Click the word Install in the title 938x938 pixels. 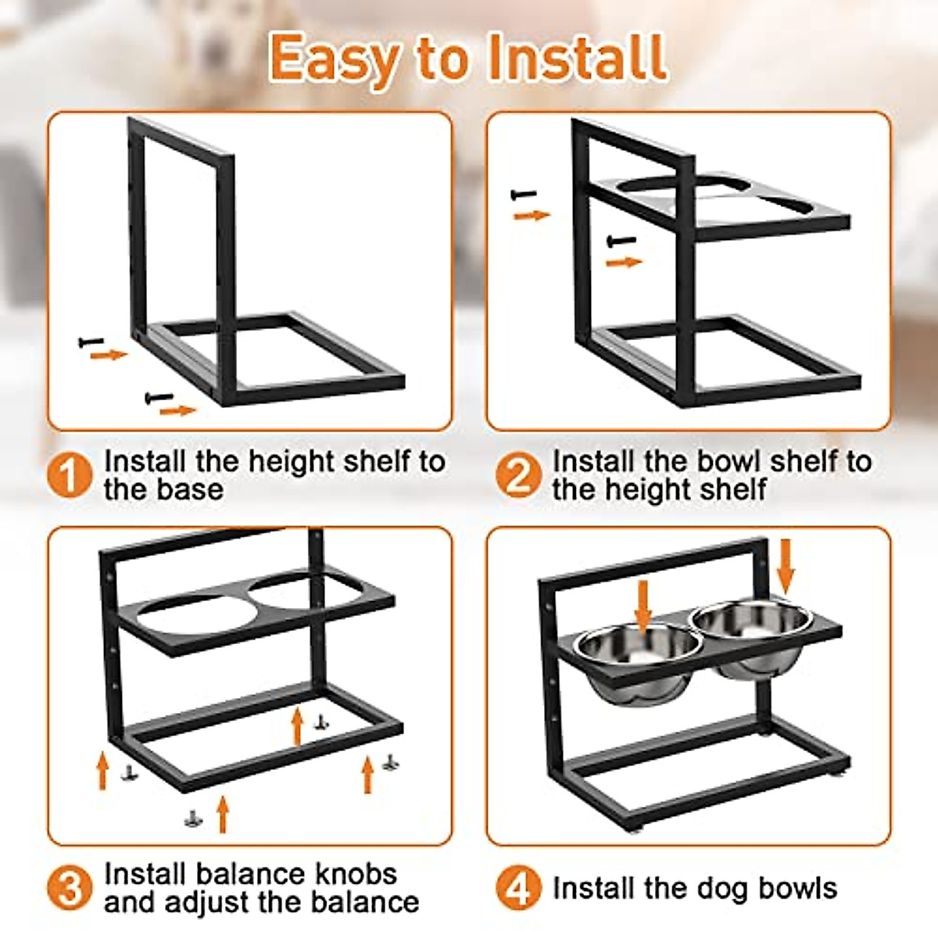577,58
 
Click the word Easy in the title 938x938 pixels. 334,59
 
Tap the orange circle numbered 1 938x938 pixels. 70,475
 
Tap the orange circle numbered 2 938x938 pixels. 517,475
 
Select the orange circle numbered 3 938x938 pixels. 70,888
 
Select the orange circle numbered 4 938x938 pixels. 517,888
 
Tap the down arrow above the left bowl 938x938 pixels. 643,607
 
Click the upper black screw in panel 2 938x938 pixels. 524,194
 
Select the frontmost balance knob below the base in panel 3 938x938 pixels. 192,818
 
